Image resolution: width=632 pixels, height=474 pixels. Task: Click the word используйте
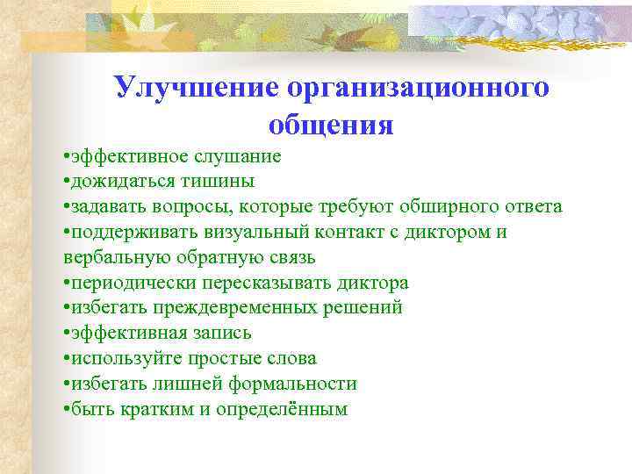(x=123, y=359)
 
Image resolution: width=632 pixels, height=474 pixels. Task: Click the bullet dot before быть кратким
(x=67, y=410)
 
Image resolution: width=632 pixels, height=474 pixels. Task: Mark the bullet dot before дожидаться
(x=67, y=182)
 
